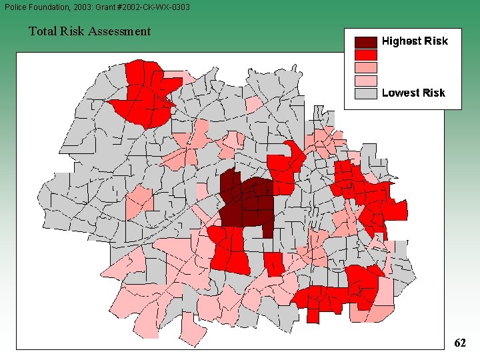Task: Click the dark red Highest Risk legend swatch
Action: (x=366, y=41)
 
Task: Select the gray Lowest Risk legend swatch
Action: (x=366, y=93)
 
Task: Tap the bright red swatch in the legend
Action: (x=366, y=55)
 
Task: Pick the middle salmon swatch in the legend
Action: (x=366, y=67)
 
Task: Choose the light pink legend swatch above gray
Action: (x=366, y=81)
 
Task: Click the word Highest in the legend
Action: (x=401, y=41)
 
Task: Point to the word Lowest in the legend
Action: (x=399, y=93)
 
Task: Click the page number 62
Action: (x=459, y=343)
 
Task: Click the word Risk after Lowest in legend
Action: (x=432, y=93)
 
